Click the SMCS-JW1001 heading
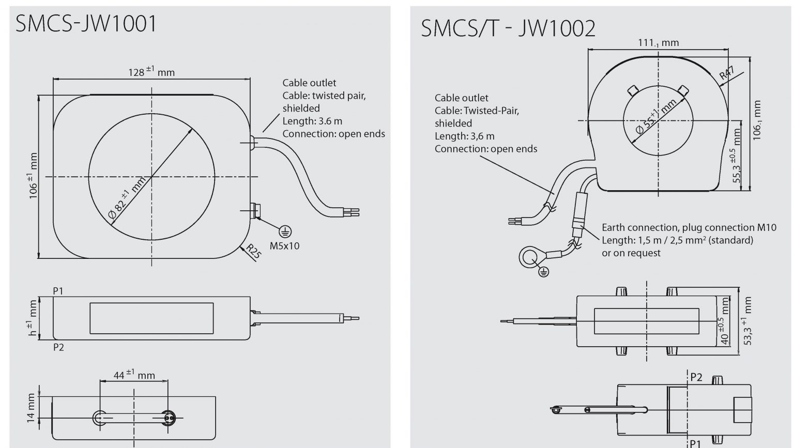[x=86, y=23]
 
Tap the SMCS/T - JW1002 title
[x=508, y=28]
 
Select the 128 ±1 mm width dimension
[x=151, y=71]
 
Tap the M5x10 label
[x=284, y=246]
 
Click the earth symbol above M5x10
[x=285, y=232]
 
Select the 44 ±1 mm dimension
[x=134, y=375]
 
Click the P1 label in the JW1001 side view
[x=58, y=291]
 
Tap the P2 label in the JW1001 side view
[x=58, y=348]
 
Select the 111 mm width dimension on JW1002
[x=658, y=43]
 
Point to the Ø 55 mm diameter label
[x=655, y=117]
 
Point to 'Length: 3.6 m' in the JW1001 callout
[x=312, y=121]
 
